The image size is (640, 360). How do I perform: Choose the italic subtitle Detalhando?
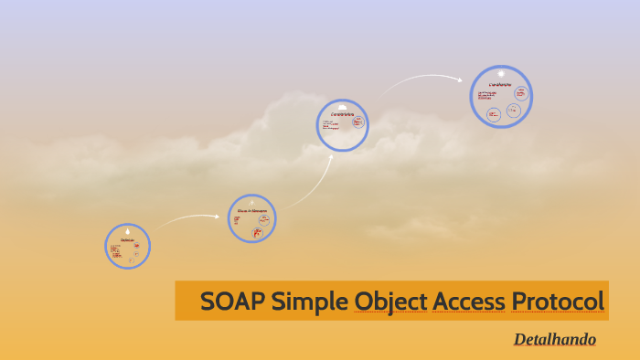pyautogui.click(x=554, y=340)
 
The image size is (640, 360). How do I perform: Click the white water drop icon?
pyautogui.click(x=127, y=231)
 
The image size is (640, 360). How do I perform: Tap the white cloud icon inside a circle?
pyautogui.click(x=343, y=106)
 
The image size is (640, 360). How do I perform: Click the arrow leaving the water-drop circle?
pyautogui.click(x=187, y=217)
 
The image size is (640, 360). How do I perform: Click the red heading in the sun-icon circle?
pyautogui.click(x=500, y=84)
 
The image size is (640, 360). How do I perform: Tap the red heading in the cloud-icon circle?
pyautogui.click(x=342, y=114)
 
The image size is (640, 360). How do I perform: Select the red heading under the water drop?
pyautogui.click(x=127, y=240)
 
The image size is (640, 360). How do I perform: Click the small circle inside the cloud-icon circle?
pyautogui.click(x=358, y=122)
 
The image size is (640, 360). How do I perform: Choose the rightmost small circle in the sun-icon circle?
pyautogui.click(x=521, y=92)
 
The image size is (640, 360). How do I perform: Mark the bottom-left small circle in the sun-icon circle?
pyautogui.click(x=494, y=114)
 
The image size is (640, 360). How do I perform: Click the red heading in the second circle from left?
pyautogui.click(x=251, y=211)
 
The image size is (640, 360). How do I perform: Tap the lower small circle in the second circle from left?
pyautogui.click(x=257, y=233)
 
